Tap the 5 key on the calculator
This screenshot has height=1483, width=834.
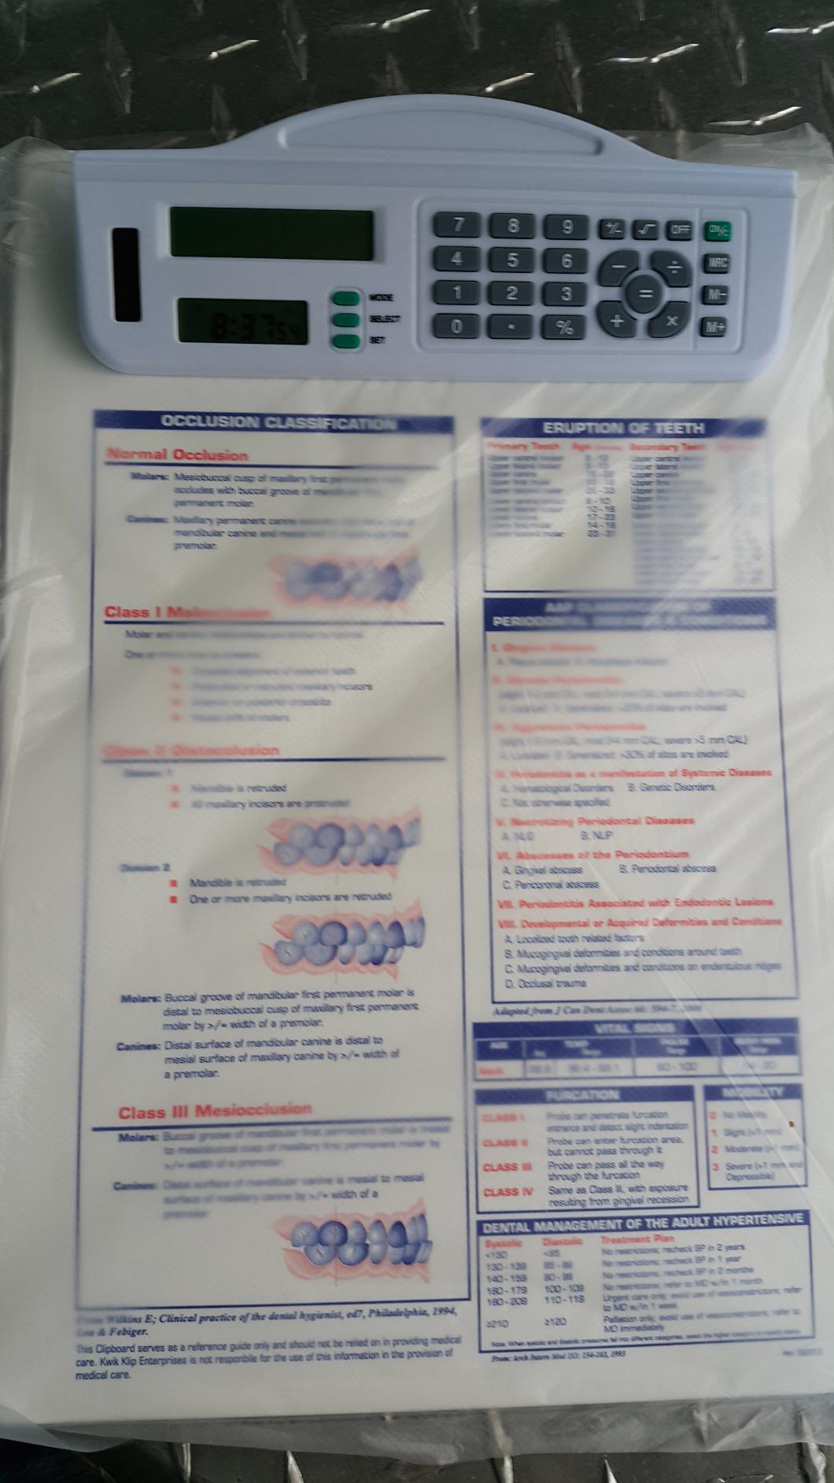coord(513,260)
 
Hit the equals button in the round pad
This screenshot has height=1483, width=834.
coord(645,295)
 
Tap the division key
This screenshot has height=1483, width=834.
coord(674,269)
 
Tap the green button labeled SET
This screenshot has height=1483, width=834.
coord(345,341)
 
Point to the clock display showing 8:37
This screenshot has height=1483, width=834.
coord(242,322)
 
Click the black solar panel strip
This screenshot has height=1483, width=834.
coord(126,275)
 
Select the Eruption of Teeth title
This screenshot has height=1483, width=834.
coord(623,428)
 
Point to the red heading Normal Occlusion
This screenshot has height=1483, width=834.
coord(177,455)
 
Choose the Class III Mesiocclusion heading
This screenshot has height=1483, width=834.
coord(215,1112)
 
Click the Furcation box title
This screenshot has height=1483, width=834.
coord(586,1094)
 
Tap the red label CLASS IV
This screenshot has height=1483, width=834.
coord(507,1192)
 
